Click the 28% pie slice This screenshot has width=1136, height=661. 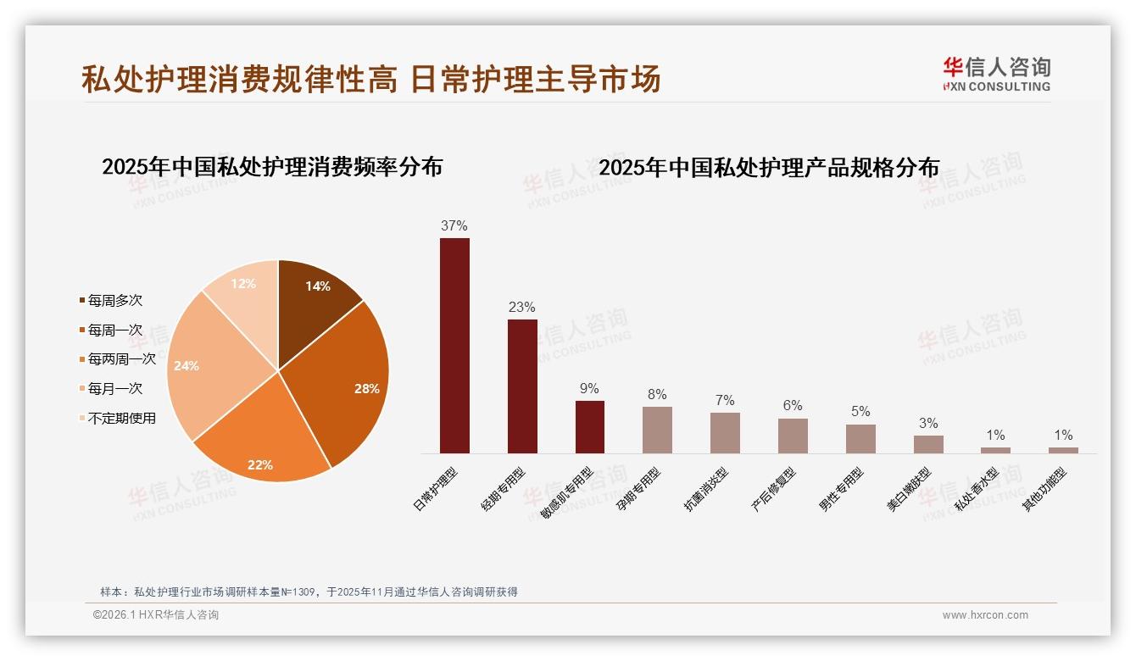click(348, 381)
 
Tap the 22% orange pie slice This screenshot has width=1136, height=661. click(263, 445)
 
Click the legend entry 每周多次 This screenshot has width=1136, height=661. click(115, 301)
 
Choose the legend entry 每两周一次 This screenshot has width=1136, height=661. click(122, 359)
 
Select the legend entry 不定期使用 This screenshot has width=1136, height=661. click(122, 418)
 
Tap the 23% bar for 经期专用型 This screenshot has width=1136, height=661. click(522, 386)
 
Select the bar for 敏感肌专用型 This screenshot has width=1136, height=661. click(590, 427)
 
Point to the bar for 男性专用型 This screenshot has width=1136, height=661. click(860, 439)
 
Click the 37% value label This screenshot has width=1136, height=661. click(454, 226)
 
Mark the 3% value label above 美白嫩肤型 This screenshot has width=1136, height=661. click(928, 424)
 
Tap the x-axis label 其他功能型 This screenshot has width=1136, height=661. click(1044, 490)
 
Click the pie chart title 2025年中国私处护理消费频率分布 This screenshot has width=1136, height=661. click(272, 167)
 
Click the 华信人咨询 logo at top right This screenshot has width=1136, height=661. click(996, 74)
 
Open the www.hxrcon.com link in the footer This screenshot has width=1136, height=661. click(985, 615)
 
